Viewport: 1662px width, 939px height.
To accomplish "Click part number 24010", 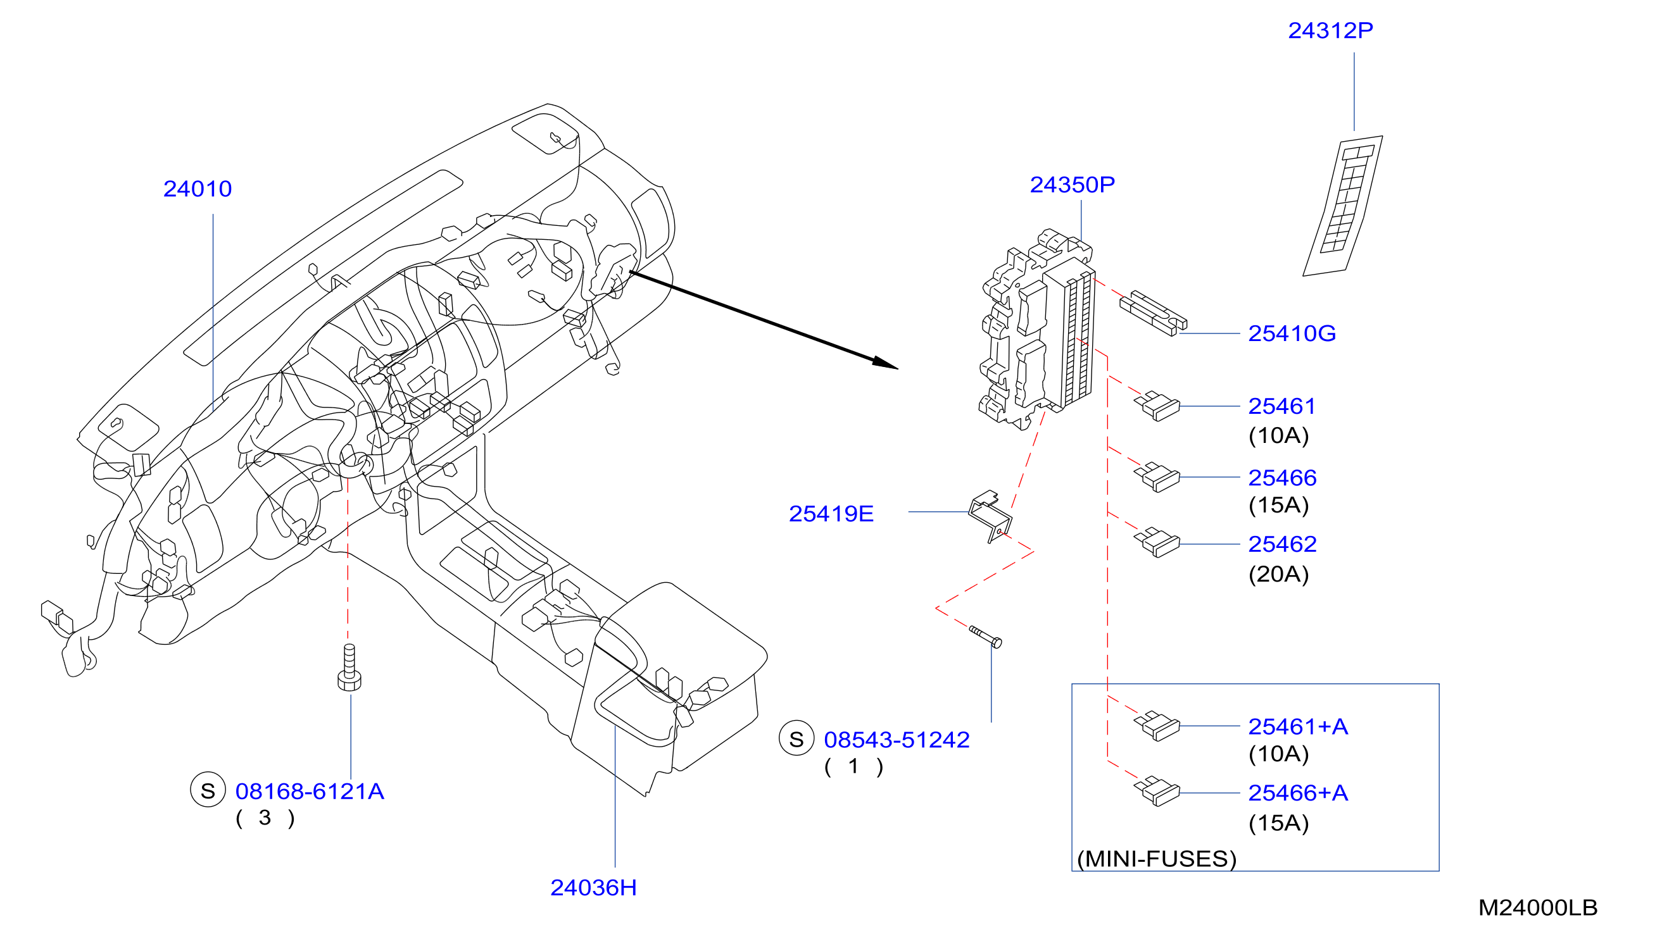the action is pyautogui.click(x=198, y=189).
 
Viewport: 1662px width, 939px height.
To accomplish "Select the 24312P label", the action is pyautogui.click(x=1330, y=30).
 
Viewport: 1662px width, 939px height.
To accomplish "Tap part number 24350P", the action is pyautogui.click(x=1073, y=185).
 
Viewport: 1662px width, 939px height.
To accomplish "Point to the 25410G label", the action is pyautogui.click(x=1292, y=333).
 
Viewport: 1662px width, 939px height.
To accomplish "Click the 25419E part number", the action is pyautogui.click(x=831, y=514).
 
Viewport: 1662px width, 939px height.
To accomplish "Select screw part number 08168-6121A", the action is pyautogui.click(x=310, y=792).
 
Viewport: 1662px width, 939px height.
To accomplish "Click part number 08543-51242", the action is pyautogui.click(x=897, y=740).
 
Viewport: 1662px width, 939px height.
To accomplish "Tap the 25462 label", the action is pyautogui.click(x=1282, y=544).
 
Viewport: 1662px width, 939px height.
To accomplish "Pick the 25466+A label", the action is pyautogui.click(x=1298, y=793).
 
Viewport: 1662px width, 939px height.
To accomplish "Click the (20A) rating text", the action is pyautogui.click(x=1279, y=574).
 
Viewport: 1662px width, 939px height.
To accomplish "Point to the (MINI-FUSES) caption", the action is pyautogui.click(x=1157, y=859).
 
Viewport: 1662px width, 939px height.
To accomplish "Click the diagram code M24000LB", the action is pyautogui.click(x=1538, y=908).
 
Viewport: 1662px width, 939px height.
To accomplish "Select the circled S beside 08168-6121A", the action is pyautogui.click(x=208, y=791).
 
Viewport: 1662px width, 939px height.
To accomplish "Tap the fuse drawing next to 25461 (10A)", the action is pyautogui.click(x=1157, y=406).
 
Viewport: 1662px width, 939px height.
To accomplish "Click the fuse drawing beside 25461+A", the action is pyautogui.click(x=1157, y=726).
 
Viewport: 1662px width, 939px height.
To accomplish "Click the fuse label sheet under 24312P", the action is pyautogui.click(x=1344, y=206).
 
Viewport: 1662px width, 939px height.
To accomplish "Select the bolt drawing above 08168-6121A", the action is pyautogui.click(x=349, y=668).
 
